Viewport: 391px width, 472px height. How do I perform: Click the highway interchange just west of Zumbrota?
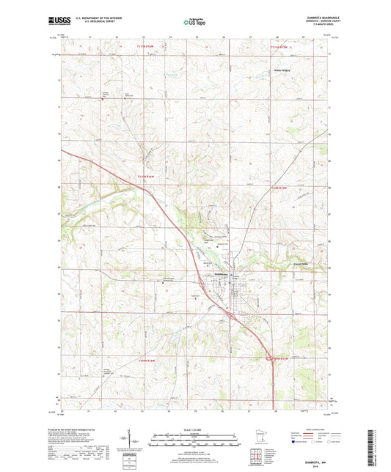(200, 281)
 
